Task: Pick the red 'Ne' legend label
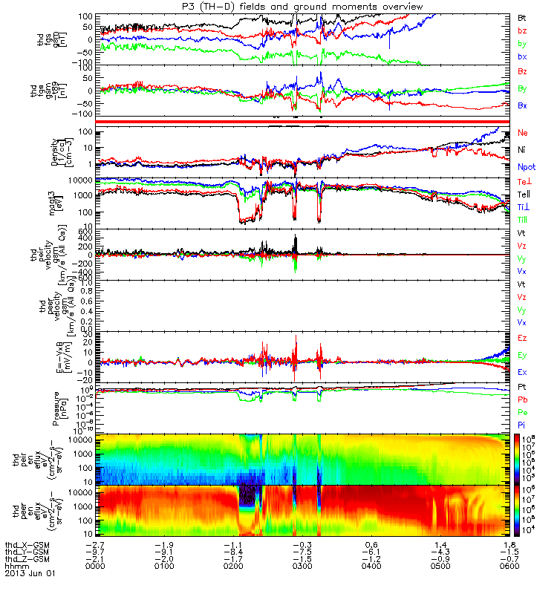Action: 522,133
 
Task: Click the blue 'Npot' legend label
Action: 526,167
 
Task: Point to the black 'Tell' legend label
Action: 525,195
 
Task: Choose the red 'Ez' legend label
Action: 522,339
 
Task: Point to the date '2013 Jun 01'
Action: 30,574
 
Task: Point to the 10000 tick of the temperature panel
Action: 83,180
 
